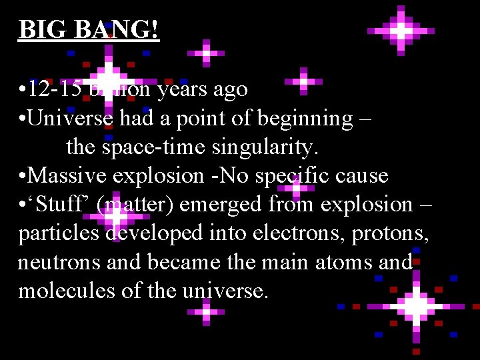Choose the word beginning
point(305,119)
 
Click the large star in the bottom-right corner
point(416,307)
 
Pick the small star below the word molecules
point(206,311)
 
